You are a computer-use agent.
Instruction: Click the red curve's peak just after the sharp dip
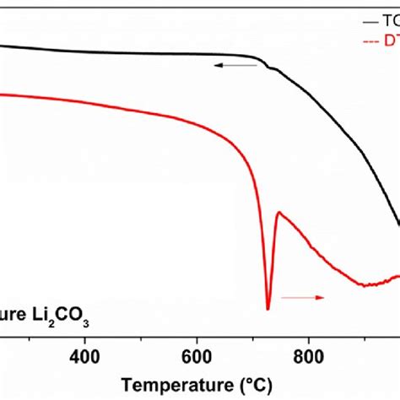[278, 213]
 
